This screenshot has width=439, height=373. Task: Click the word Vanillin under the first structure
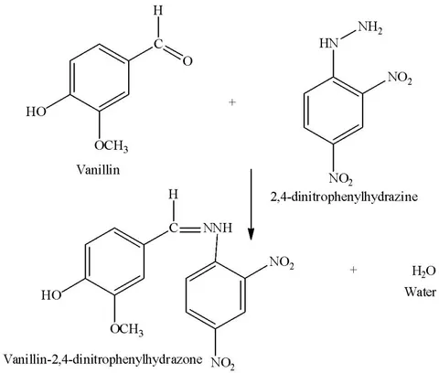pos(98,169)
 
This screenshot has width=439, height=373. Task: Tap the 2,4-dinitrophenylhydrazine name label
pos(344,197)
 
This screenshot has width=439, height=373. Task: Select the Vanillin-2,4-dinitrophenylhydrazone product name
pos(102,358)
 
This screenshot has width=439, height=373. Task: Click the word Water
pos(420,292)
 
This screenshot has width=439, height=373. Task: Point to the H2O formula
pos(423,271)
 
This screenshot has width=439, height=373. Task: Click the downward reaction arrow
pos(251,205)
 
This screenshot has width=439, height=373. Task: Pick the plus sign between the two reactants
pos(232,102)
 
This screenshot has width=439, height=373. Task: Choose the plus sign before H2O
pos(353,270)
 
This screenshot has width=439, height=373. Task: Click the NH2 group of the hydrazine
pos(370,28)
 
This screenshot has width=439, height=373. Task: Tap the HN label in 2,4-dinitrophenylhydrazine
pos(329,43)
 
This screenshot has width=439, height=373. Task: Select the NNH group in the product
pos(218,228)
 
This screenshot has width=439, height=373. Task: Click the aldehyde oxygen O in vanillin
pos(187,61)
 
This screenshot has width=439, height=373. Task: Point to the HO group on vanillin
pos(36,112)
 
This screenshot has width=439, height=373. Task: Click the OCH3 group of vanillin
pos(111,146)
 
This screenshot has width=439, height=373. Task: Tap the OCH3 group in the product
pos(126,329)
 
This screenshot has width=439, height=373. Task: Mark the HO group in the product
pos(51,294)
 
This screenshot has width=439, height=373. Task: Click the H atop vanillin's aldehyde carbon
pos(158,11)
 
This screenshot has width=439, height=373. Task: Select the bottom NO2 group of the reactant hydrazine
pos(341,178)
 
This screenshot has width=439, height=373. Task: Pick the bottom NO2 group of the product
pos(223,363)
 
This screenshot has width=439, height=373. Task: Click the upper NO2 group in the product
pos(282,262)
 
